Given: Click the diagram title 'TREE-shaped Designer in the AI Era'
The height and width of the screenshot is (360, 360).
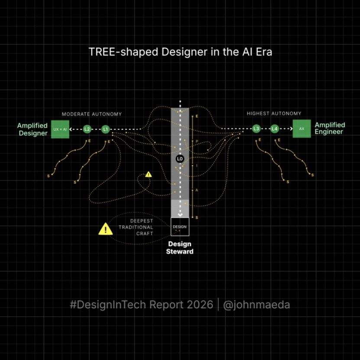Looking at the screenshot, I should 180,52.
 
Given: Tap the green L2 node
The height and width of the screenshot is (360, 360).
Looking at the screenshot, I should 87,129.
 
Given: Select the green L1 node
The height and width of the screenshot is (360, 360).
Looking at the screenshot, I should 105,129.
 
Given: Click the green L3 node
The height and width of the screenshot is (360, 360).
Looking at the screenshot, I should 256,129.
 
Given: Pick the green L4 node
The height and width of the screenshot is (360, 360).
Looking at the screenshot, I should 275,129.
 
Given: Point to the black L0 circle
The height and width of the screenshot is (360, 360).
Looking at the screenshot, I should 180,159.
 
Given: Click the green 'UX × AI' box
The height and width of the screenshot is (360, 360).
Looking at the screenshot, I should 60,129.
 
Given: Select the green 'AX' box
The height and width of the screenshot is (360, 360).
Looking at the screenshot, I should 302,129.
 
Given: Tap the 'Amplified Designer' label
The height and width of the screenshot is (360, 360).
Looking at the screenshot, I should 32,130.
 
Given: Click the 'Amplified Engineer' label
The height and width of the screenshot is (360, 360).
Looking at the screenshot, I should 330,128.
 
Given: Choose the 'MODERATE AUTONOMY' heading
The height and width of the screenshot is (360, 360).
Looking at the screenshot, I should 92,114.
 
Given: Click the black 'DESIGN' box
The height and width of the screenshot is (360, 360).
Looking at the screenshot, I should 180,227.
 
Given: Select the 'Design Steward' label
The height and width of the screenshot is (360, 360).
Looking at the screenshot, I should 180,248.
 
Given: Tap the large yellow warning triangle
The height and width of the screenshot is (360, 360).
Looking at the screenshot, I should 105,229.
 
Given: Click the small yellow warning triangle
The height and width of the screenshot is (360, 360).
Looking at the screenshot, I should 149,175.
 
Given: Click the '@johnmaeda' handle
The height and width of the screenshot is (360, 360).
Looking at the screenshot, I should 256,305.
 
